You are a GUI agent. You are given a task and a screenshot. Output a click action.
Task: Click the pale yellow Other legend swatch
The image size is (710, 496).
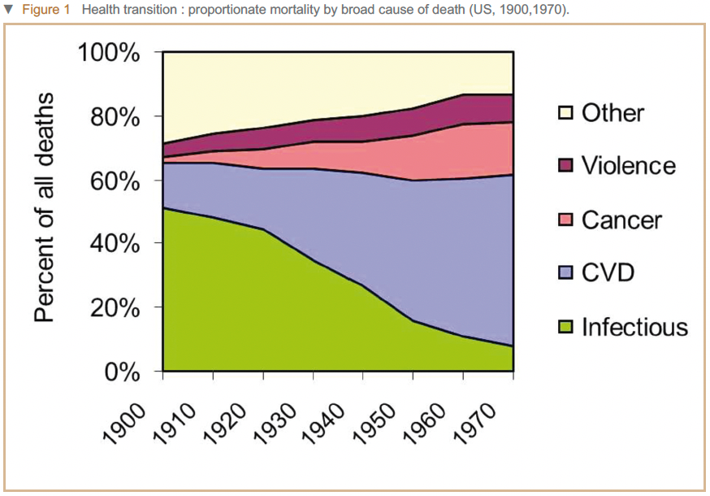[x=565, y=113]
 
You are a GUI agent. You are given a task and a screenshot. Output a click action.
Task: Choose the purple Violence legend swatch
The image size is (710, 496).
[x=565, y=167]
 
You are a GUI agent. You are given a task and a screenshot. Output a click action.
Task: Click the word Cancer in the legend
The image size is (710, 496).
[x=621, y=220]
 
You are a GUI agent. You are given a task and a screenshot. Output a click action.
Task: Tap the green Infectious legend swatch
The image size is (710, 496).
[x=565, y=327]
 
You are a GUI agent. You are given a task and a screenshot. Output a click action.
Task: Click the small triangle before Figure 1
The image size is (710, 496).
[x=8, y=9]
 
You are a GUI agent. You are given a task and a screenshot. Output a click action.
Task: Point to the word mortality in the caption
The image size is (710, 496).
[x=257, y=9]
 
